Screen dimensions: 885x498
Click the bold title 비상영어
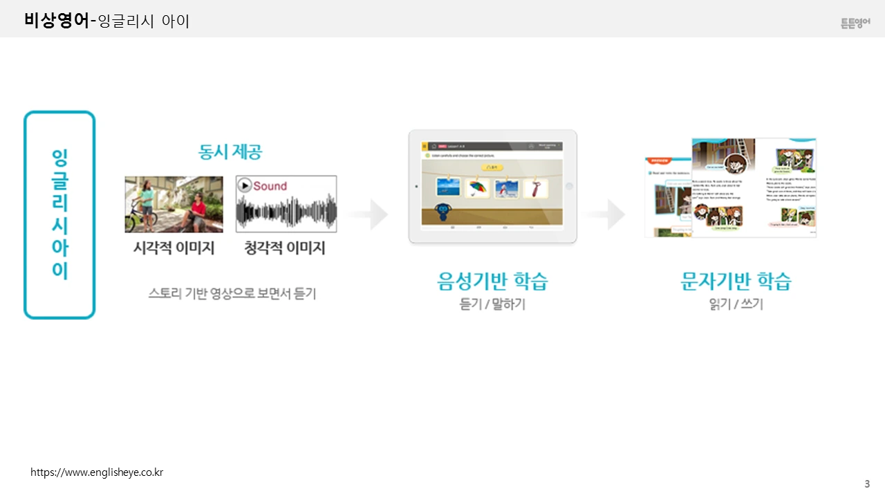coord(56,21)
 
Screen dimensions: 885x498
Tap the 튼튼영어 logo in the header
coord(855,24)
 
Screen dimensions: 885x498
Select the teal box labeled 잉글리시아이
coord(59,214)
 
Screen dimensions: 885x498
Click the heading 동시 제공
coord(230,151)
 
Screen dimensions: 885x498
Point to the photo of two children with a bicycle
coord(174,204)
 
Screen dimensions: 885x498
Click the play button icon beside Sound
coord(244,185)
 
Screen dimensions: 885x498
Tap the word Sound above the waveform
coord(270,186)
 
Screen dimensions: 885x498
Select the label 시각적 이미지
coord(174,248)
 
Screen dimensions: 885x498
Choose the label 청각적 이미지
coord(285,248)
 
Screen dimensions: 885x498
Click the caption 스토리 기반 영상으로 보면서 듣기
coord(232,293)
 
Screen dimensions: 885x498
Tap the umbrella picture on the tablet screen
coord(478,188)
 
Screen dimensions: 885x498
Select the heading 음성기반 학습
coord(492,281)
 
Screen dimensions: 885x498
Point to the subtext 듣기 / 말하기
coord(492,304)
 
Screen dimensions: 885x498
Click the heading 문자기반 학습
coord(736,281)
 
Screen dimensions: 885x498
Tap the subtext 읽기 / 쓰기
coord(736,304)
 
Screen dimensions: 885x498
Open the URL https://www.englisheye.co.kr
coord(97,473)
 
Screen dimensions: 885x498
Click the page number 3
coord(867,483)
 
